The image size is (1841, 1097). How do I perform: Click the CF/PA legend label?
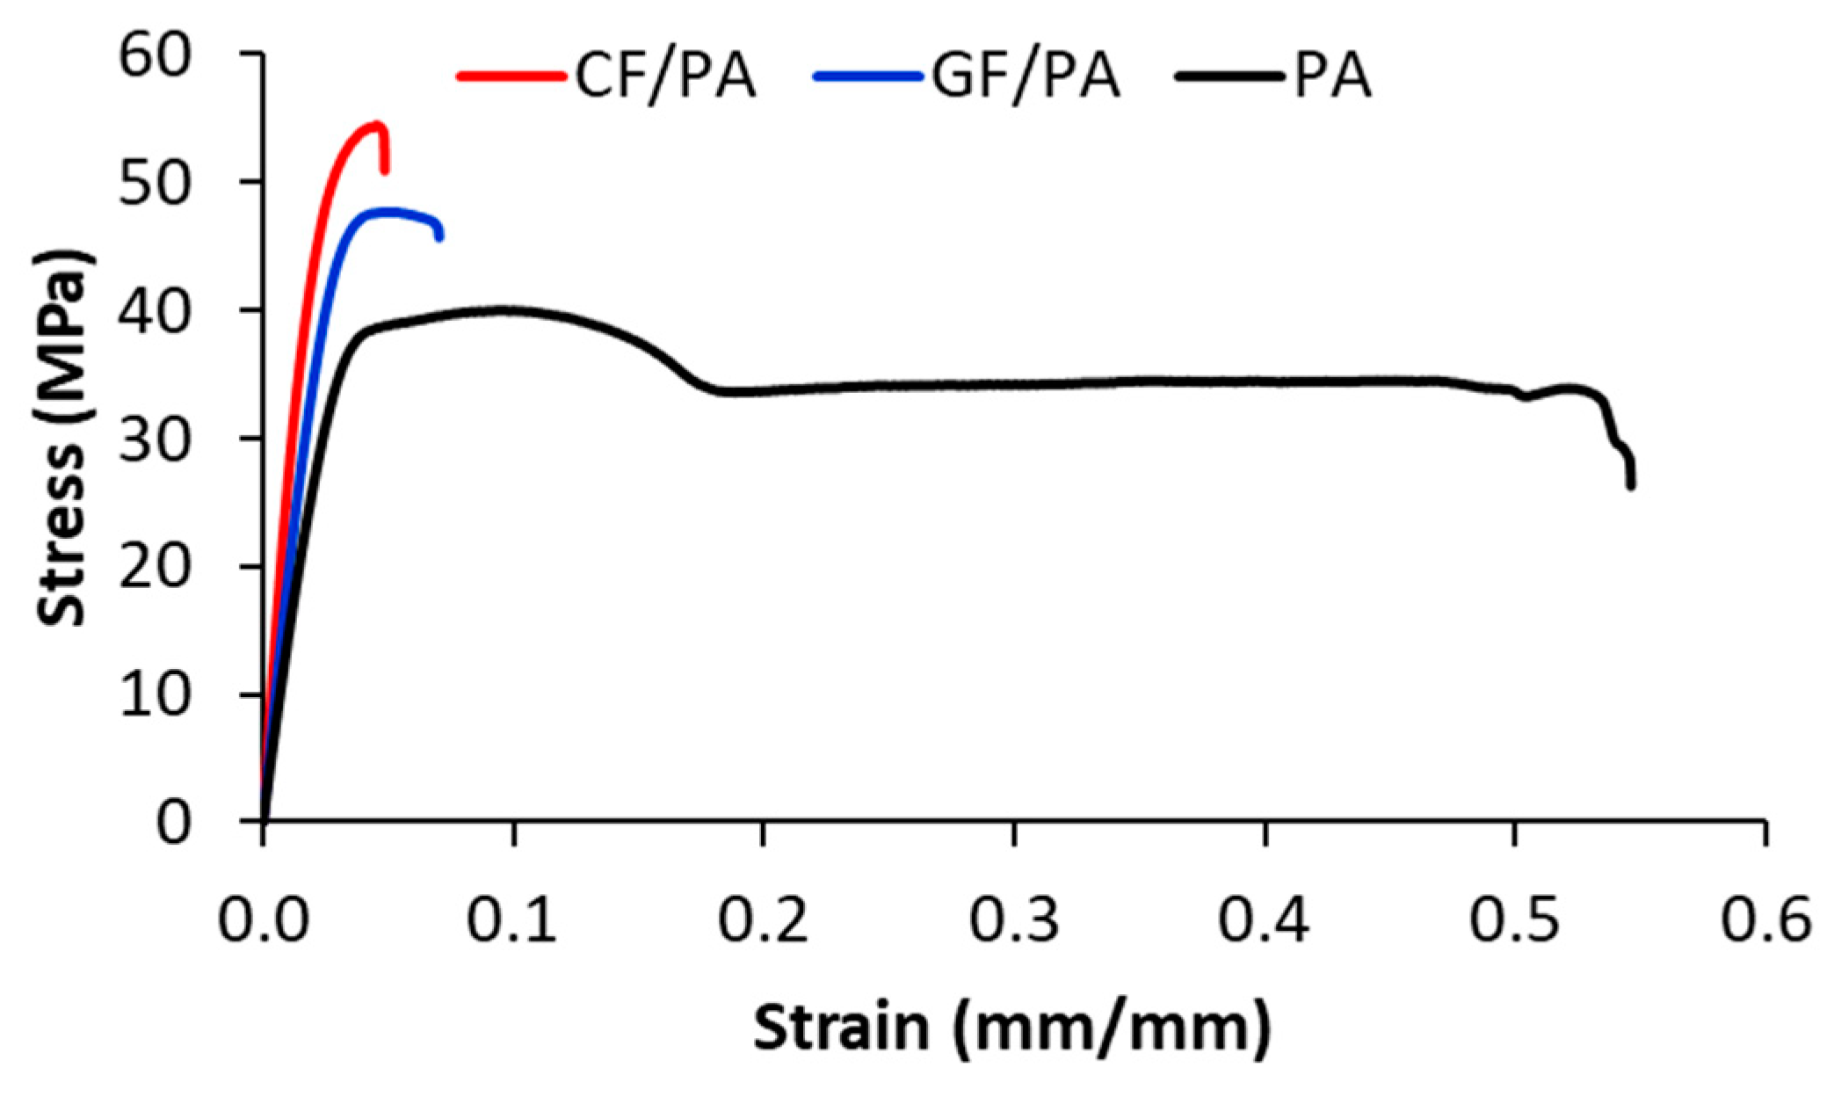(x=665, y=77)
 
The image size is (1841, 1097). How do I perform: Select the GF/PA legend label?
(x=1026, y=77)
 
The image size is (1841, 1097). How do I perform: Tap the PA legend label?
(x=1332, y=77)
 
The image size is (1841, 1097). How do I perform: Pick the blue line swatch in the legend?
(x=868, y=77)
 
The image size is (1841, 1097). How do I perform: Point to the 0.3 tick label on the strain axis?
(x=1014, y=920)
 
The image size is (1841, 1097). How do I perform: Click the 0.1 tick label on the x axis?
(x=512, y=920)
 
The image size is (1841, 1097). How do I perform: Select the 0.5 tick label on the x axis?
(x=1514, y=920)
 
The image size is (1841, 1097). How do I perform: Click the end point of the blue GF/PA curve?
(x=439, y=236)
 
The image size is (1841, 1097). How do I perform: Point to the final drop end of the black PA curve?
(x=1631, y=484)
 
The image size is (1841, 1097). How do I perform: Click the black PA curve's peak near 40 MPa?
(x=505, y=309)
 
